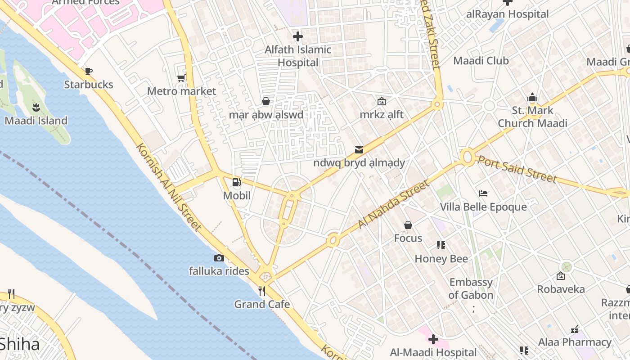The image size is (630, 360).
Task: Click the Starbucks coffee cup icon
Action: [x=89, y=71]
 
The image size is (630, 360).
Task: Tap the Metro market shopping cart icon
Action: [x=181, y=78]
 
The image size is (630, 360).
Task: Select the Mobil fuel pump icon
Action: [x=236, y=182]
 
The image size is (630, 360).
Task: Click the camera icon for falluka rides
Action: [x=219, y=258]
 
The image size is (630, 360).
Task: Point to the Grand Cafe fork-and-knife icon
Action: [x=262, y=291]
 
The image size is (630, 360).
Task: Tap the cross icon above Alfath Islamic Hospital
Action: [x=297, y=36]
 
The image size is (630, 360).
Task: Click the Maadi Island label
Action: [x=36, y=121]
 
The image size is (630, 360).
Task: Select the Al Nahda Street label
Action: [x=393, y=204]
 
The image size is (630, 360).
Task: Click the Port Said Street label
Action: [x=517, y=169]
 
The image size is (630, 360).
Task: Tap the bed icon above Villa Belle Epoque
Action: [x=483, y=193]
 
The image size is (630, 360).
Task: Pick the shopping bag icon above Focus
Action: [x=408, y=225]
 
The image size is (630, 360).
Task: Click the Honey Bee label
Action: [x=441, y=259]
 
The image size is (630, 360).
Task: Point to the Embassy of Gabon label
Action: [x=471, y=289]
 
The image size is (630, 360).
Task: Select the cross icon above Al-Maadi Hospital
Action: [x=433, y=339]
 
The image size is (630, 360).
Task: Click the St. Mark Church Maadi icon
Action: [x=532, y=97]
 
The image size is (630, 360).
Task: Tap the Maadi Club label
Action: [x=481, y=61]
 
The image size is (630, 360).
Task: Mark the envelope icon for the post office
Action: [x=359, y=149]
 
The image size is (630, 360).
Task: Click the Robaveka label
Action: [x=561, y=289]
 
